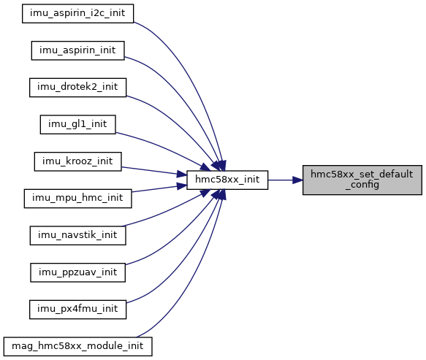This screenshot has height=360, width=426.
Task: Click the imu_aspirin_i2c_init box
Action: click(x=77, y=13)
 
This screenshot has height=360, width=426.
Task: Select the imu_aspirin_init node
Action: click(x=77, y=50)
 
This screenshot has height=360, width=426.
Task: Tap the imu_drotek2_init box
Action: click(x=77, y=88)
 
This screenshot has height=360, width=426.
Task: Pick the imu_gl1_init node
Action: click(x=77, y=124)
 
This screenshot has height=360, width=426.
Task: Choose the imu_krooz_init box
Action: click(x=77, y=161)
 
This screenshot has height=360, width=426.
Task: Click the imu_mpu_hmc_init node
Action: click(x=77, y=199)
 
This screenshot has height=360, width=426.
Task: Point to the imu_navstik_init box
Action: click(x=77, y=235)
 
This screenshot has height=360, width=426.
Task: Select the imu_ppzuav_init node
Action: click(x=77, y=272)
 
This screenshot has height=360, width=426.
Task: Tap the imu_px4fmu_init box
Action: click(x=77, y=310)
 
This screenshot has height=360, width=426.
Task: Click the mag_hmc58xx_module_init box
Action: click(x=77, y=346)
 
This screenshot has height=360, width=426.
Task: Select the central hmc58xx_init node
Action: click(x=227, y=180)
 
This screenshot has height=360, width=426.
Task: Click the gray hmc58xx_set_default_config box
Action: click(x=362, y=180)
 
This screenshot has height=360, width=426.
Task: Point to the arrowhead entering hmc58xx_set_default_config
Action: click(x=298, y=180)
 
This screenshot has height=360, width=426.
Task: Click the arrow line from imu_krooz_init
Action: click(x=154, y=171)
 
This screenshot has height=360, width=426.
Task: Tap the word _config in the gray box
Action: click(x=362, y=185)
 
